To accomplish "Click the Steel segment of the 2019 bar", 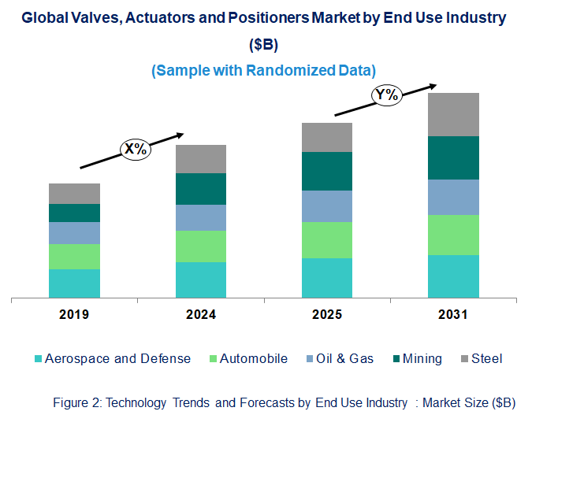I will click(x=74, y=194).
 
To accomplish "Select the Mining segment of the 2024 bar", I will click(x=200, y=189).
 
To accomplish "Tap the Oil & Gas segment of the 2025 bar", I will click(x=326, y=206).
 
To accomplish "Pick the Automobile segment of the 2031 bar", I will click(x=453, y=235).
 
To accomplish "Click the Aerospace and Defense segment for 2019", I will click(x=74, y=283).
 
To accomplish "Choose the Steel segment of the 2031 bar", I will click(x=453, y=114).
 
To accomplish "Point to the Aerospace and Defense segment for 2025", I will click(x=326, y=278).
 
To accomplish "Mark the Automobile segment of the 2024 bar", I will click(x=200, y=246).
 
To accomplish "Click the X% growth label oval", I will click(x=135, y=148).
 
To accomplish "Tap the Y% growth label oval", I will click(x=388, y=95).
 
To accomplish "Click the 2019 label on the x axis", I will click(x=74, y=315).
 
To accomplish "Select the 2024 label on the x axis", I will click(x=200, y=315).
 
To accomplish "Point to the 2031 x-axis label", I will click(x=453, y=315).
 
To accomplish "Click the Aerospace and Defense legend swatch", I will click(x=38, y=359).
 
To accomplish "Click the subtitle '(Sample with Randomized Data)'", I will click(x=263, y=70).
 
